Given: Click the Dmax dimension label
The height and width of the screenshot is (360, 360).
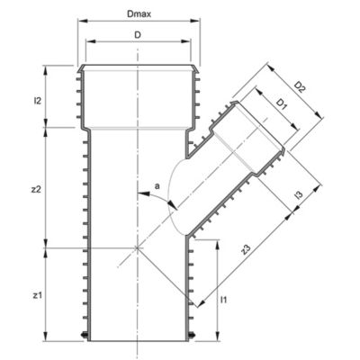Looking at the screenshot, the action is point(139,14).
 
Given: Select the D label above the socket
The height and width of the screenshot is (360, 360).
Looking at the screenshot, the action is point(138,35).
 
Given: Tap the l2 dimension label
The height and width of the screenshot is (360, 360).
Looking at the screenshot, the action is point(37,101).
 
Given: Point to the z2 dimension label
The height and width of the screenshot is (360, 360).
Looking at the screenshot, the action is point(36,190).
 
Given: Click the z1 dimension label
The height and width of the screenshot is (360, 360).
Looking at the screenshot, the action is point(36,296).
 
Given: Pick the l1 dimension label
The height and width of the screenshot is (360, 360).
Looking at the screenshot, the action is point(223,299).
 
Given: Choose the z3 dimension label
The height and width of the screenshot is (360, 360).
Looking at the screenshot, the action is point(246,250).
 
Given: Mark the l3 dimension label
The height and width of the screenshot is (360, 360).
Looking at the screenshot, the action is point(298,195).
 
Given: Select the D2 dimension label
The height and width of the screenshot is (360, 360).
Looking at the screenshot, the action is point(299,86).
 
